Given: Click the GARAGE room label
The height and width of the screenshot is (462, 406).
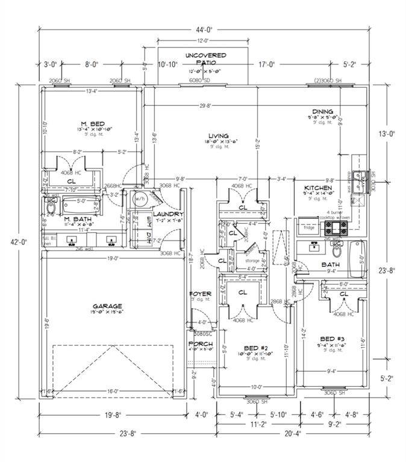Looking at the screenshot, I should tap(107, 306).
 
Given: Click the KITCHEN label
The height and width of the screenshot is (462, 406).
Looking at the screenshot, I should tap(318, 188).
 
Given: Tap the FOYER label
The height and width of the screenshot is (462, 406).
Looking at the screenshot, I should tap(201, 294).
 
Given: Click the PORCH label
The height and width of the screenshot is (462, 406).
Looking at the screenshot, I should tap(200, 345).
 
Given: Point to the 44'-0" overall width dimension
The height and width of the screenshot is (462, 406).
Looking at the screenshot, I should tap(203, 29).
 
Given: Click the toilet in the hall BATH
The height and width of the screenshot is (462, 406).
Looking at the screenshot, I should tap(336, 250).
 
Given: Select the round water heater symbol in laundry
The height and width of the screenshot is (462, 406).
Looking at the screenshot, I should tap(142, 199).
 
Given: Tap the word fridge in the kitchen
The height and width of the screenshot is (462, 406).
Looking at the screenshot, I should tap(309, 227).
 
